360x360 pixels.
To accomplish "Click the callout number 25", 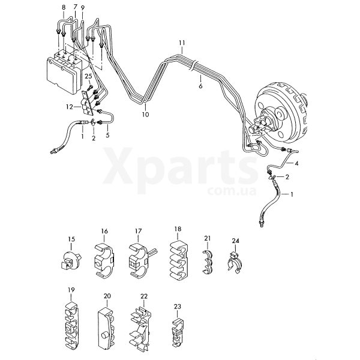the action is (x=88, y=76).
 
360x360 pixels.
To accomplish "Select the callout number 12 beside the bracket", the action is (x=70, y=107).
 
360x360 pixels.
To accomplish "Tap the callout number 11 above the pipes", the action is (x=182, y=43).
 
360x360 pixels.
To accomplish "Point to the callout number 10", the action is (x=146, y=114).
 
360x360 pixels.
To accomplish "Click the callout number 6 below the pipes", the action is (x=200, y=86).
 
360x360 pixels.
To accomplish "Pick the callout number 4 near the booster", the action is (x=296, y=163).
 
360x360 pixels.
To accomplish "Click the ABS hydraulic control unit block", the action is (x=65, y=71).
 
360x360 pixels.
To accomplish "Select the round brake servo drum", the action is (x=281, y=114).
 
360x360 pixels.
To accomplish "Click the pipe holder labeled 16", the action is (x=104, y=261).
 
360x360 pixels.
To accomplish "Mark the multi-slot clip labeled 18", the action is (x=179, y=260).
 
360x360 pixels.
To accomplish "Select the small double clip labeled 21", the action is (x=207, y=262).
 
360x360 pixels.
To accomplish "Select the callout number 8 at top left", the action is (x=64, y=7).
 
